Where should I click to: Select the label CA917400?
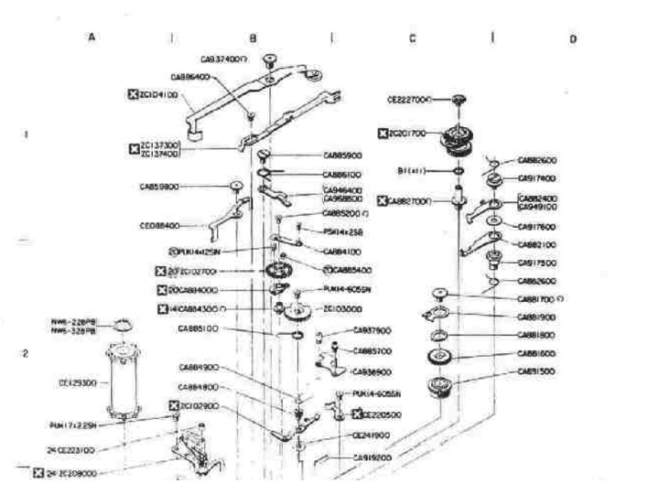click(537, 177)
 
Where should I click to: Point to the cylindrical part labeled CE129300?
click(126, 379)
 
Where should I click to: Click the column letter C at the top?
click(413, 39)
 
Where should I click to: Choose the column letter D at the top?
click(572, 39)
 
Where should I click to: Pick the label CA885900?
click(343, 155)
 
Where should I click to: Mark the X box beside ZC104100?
click(133, 93)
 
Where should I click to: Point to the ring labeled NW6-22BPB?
click(124, 322)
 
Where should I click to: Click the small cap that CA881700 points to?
click(438, 295)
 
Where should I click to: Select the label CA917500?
click(537, 263)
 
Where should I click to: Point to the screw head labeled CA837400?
click(271, 60)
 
